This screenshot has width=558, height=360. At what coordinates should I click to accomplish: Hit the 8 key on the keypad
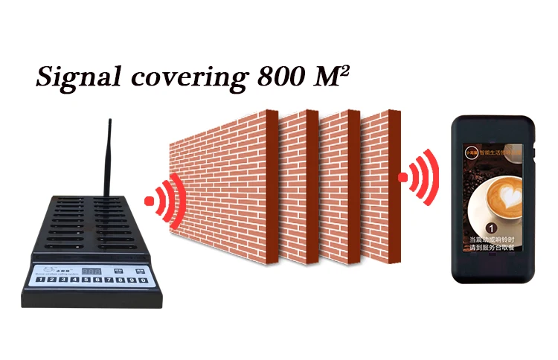tap(121, 280)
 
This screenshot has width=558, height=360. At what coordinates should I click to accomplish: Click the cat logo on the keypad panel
tap(48, 270)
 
